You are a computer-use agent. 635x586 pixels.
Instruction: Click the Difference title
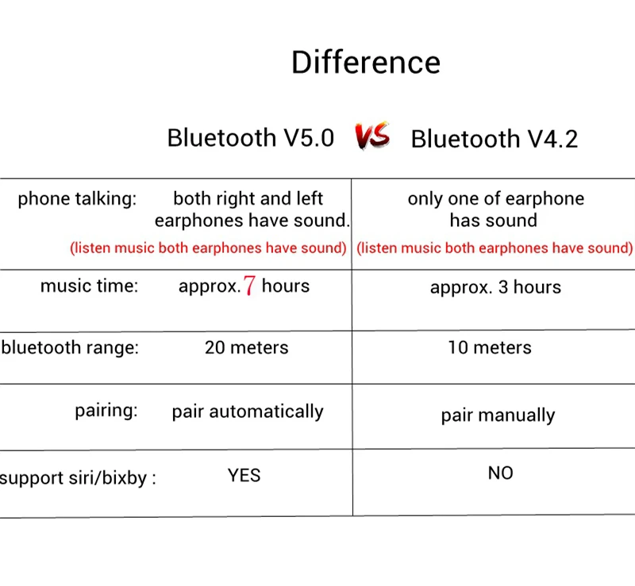(x=366, y=63)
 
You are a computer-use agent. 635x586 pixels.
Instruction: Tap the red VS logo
(x=372, y=136)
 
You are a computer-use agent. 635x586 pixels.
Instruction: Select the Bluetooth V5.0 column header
(x=251, y=138)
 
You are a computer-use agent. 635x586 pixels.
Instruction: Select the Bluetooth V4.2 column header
(x=494, y=139)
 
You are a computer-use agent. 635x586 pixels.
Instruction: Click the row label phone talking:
(x=77, y=199)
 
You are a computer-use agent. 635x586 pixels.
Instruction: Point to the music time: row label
(x=89, y=285)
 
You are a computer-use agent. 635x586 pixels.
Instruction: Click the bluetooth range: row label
(x=70, y=347)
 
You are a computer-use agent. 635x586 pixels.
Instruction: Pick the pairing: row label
(x=106, y=411)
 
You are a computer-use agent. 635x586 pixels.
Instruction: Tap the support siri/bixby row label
(x=78, y=478)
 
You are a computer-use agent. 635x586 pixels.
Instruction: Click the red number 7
(x=249, y=285)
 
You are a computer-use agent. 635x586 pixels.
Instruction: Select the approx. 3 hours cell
(x=495, y=287)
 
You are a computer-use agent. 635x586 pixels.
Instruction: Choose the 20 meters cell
(x=247, y=347)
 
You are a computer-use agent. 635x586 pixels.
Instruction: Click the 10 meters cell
(x=490, y=347)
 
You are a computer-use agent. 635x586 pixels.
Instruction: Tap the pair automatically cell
(x=248, y=412)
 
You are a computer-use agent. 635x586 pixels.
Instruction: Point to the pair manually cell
(x=498, y=416)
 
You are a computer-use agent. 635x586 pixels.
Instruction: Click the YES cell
(x=244, y=475)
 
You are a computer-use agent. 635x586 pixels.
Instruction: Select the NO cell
(x=501, y=473)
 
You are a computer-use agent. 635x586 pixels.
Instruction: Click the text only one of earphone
(x=496, y=199)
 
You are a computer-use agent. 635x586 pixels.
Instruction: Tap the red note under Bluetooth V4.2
(x=495, y=248)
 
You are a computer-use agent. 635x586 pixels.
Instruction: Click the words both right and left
(x=248, y=199)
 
